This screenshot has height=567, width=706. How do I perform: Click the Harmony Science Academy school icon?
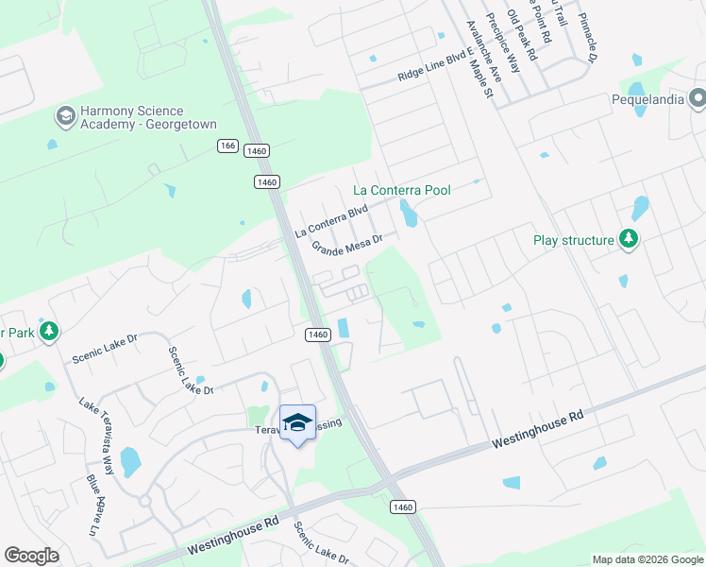click(x=65, y=117)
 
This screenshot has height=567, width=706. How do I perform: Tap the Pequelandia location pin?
click(x=698, y=97)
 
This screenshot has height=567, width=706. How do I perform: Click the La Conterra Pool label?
click(x=402, y=190)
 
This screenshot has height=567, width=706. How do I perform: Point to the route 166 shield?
click(x=227, y=146)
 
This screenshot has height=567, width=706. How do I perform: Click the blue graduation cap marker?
click(x=297, y=422)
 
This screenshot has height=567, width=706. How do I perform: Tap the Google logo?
click(x=31, y=556)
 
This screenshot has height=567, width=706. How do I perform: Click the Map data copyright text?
click(x=647, y=559)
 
